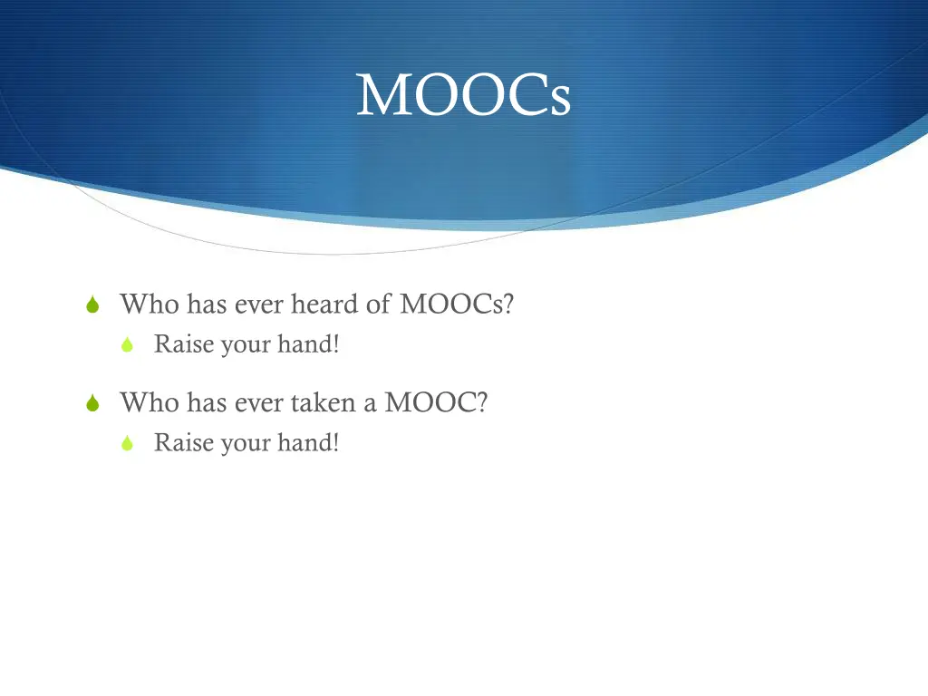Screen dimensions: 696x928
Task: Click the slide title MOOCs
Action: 463,95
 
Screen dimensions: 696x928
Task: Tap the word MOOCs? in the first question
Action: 457,304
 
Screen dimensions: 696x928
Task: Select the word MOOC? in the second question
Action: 436,402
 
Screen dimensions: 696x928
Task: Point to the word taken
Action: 323,402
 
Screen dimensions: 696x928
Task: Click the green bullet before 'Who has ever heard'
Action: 92,306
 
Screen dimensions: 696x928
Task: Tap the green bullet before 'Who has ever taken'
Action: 92,404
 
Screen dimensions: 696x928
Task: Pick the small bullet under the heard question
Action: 128,345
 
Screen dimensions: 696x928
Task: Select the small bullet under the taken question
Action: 128,443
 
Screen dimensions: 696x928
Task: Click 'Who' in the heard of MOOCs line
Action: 150,304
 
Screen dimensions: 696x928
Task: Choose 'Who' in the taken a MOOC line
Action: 150,402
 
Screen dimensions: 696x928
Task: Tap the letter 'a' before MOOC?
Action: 370,404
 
